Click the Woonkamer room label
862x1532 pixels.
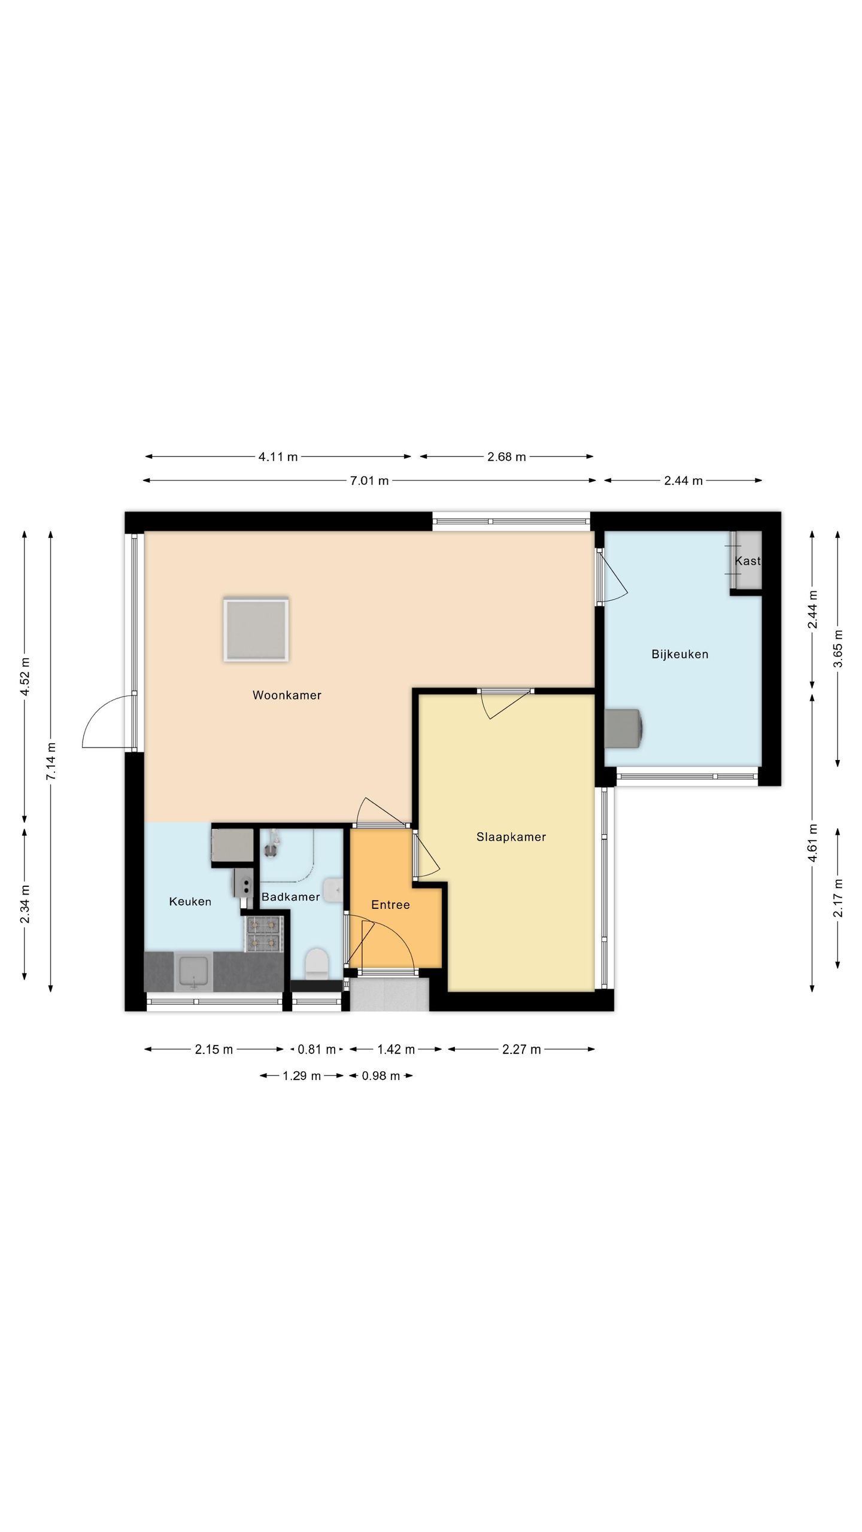(287, 695)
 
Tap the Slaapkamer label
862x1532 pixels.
(511, 837)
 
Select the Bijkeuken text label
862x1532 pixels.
(680, 655)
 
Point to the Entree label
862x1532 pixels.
(390, 905)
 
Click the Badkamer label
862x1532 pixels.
(290, 897)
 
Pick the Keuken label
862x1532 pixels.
(190, 901)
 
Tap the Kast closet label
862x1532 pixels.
(748, 561)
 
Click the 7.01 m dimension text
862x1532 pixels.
(369, 481)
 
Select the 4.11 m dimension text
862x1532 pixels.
(278, 457)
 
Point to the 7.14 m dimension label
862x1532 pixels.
(51, 761)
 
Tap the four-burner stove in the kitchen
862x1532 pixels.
(263, 934)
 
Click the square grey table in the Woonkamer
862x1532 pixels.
(256, 629)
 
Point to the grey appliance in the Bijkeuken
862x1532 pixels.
(624, 728)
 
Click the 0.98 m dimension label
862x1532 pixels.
(381, 1076)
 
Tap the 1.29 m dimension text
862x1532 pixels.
(302, 1076)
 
